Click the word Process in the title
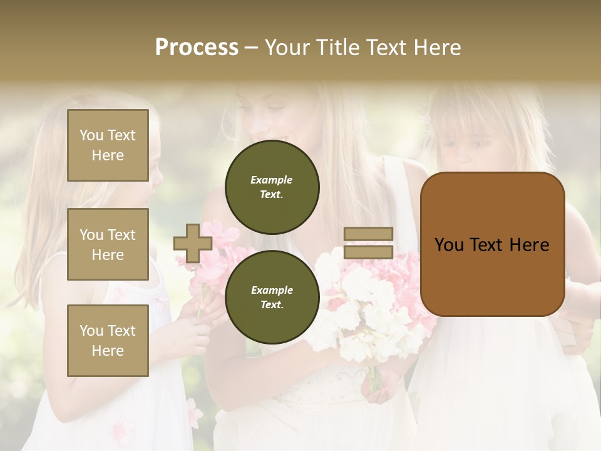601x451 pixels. (197, 48)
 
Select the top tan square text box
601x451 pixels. (108, 145)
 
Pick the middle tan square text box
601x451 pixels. (108, 244)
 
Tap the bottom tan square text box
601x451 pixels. (108, 340)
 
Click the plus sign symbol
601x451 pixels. (193, 243)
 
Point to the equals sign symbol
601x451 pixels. (368, 243)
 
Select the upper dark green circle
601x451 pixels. (272, 187)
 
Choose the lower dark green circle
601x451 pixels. (272, 298)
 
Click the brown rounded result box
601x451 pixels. (492, 244)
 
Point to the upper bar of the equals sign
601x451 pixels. (368, 234)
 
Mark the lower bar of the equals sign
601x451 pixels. (368, 252)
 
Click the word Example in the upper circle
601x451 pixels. (272, 180)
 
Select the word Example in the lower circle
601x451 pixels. (272, 291)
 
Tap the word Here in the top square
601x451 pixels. (108, 155)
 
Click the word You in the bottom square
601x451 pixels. (91, 331)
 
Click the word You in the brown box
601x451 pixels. (449, 245)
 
